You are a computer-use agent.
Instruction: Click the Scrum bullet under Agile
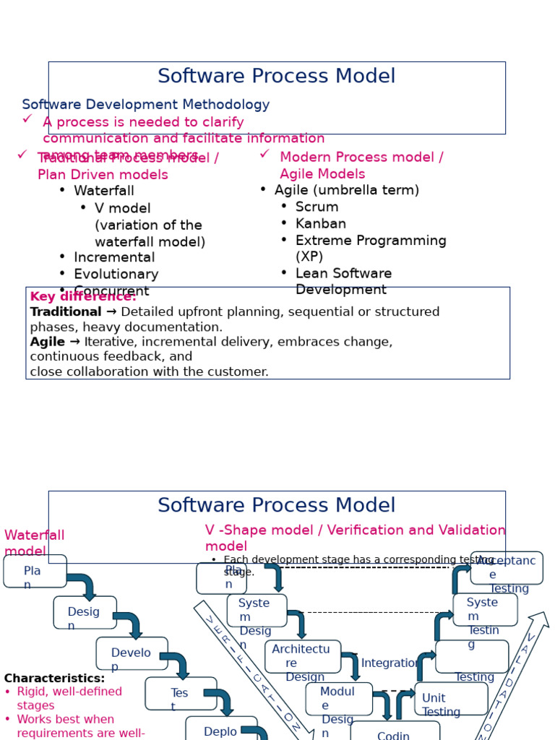tap(317, 207)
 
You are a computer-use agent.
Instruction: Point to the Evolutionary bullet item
tap(116, 275)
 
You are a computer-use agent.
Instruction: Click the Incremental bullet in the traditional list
tap(114, 258)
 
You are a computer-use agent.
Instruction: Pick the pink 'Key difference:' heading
tap(83, 297)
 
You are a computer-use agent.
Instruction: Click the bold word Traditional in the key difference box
tap(66, 312)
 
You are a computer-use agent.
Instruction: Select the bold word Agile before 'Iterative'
tap(48, 342)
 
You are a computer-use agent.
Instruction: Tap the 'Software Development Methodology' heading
tap(145, 106)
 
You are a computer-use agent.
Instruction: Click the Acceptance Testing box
tap(507, 568)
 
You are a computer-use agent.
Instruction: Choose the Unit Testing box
tap(451, 699)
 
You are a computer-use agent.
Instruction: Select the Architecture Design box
tap(302, 656)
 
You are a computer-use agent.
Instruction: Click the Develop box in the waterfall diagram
tap(132, 653)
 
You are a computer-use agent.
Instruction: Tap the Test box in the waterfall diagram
tap(181, 694)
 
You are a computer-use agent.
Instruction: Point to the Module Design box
tap(339, 699)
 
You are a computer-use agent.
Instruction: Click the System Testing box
tap(485, 609)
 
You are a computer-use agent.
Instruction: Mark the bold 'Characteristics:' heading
tap(54, 679)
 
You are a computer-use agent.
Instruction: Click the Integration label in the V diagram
tap(390, 663)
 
